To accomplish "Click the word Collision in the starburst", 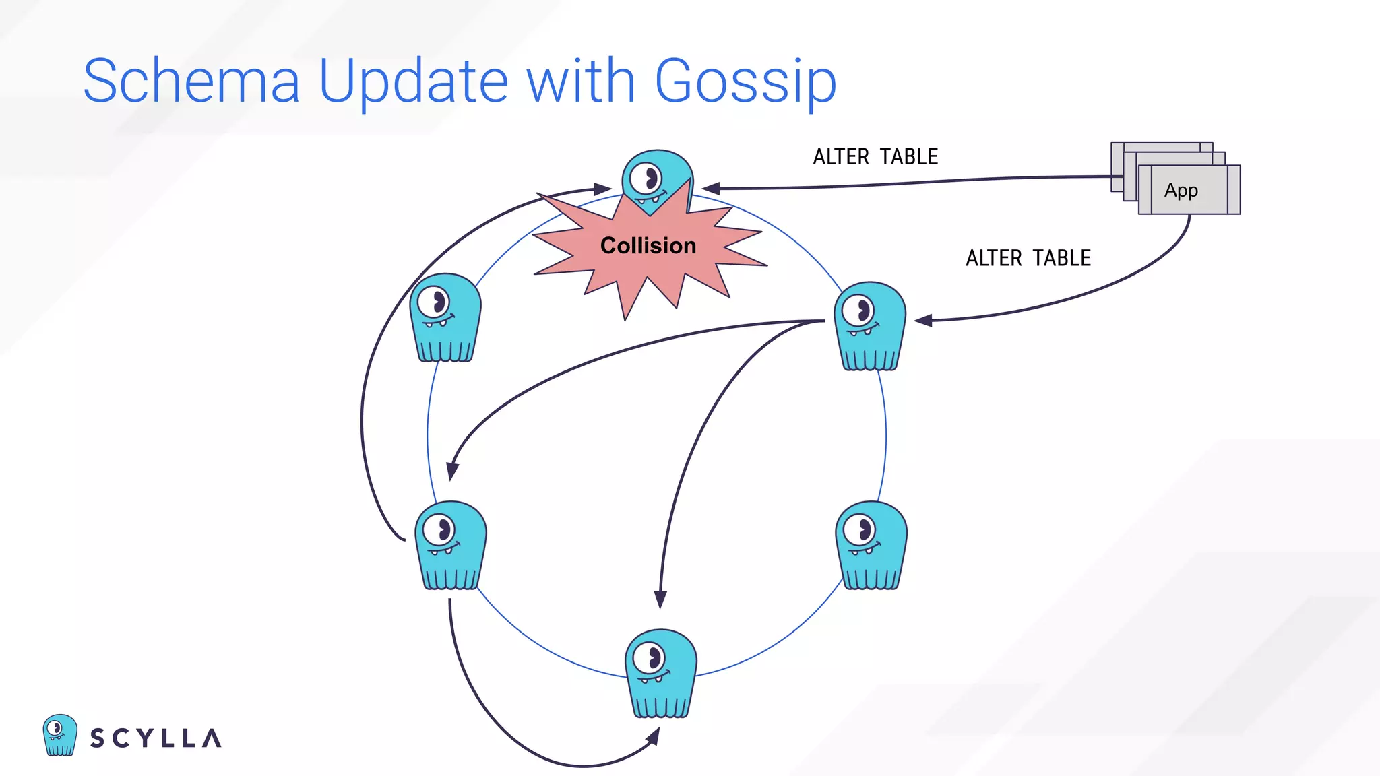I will tap(648, 246).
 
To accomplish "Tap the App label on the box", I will tap(1181, 191).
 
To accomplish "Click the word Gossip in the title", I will tap(745, 82).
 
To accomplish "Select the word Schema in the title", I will tap(191, 82).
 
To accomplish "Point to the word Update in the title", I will tap(413, 82).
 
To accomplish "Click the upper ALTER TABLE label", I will tap(875, 157).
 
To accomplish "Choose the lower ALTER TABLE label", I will tap(1028, 258).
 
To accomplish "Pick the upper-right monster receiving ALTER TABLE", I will tap(870, 327).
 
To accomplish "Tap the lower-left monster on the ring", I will tap(449, 546).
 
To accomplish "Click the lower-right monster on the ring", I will tap(871, 546).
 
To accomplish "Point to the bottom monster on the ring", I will tap(660, 674).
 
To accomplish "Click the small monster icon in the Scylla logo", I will tap(59, 735).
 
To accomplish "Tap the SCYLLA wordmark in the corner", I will tap(156, 738).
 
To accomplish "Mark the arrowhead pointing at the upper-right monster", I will tap(922, 321).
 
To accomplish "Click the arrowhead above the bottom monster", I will tap(660, 599).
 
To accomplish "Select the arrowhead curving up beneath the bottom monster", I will tap(652, 736).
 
